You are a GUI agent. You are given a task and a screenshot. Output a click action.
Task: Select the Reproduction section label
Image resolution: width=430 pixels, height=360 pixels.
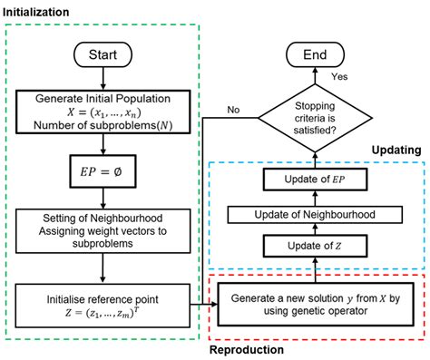pyautogui.click(x=247, y=348)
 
